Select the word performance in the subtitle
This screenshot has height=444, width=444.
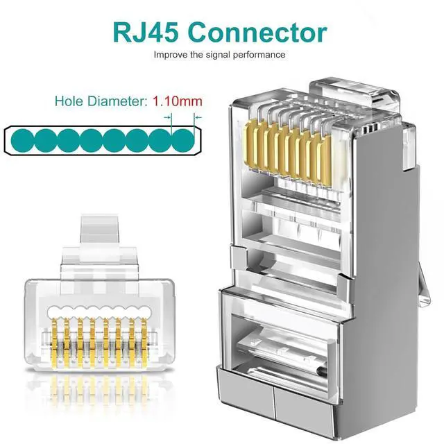261,54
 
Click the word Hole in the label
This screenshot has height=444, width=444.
70,101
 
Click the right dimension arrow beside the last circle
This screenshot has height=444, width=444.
197,117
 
